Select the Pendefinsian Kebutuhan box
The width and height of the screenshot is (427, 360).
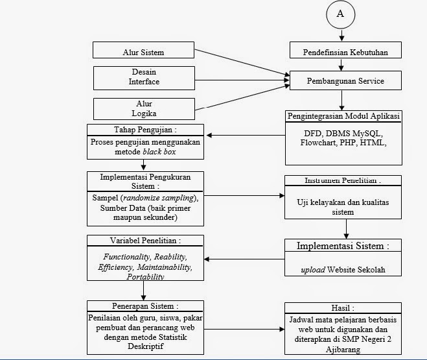click(345, 51)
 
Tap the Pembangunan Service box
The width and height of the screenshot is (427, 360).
click(345, 81)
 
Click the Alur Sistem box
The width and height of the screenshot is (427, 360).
click(143, 51)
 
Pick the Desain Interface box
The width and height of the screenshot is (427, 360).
click(143, 77)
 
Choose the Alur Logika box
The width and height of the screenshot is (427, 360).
click(143, 107)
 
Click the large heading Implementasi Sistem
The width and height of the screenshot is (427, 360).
click(343, 246)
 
